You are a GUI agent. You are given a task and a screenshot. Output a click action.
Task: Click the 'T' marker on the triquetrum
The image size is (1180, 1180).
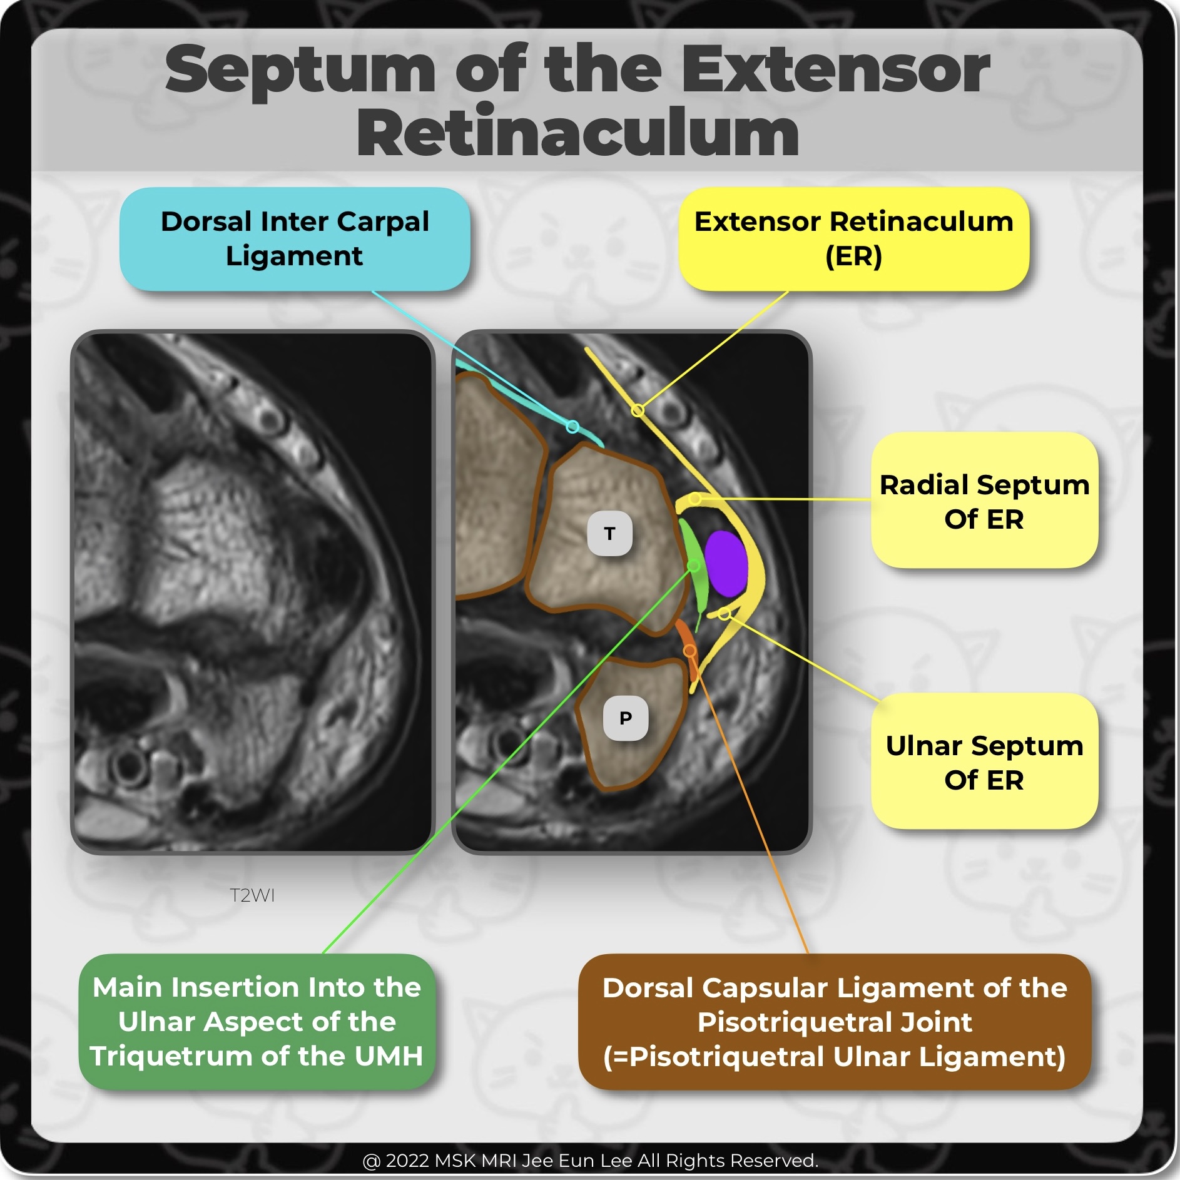[x=609, y=534]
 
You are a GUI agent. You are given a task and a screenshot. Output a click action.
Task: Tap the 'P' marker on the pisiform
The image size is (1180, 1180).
[x=625, y=718]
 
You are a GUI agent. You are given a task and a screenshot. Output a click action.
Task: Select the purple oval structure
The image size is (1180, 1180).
[x=726, y=563]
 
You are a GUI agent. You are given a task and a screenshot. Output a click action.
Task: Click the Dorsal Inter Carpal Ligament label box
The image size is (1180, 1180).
[x=295, y=239]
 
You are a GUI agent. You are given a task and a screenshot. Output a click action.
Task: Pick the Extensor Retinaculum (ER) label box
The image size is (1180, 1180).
[x=853, y=239]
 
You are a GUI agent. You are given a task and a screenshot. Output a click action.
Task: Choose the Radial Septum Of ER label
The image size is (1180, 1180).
[x=984, y=501]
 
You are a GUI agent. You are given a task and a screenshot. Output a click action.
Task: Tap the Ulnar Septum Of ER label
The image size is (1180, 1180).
[x=984, y=761]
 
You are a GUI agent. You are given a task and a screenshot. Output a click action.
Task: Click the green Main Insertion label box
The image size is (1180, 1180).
[x=257, y=1022]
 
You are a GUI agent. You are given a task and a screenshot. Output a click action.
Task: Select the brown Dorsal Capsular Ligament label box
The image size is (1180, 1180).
[x=834, y=1022]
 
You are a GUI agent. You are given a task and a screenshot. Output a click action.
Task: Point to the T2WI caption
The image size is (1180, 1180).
[x=252, y=895]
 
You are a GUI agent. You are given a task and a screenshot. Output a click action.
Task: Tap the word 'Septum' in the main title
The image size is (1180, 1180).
[x=300, y=70]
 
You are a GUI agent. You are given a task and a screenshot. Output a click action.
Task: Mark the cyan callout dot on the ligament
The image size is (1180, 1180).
[x=572, y=427]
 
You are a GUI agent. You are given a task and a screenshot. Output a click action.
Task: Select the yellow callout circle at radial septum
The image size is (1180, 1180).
[x=696, y=499]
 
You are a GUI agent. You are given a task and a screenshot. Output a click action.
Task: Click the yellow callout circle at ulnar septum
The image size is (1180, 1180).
[x=724, y=614]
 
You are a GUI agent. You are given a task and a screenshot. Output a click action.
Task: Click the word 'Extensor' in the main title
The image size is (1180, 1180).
[x=835, y=70]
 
